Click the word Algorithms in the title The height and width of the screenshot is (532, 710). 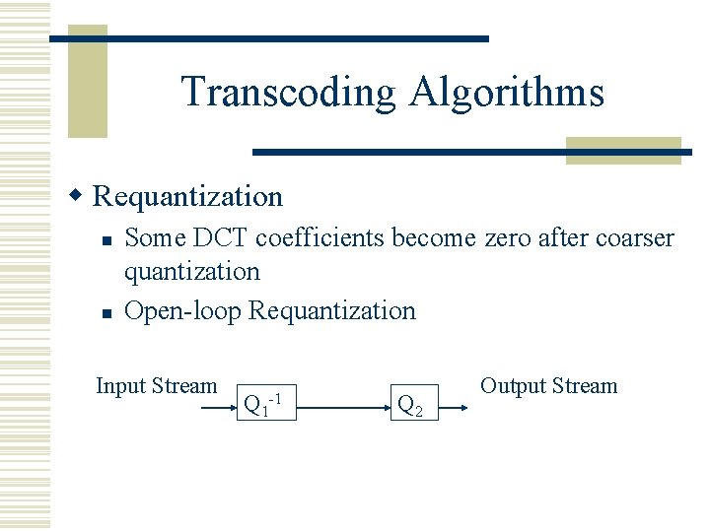(x=507, y=93)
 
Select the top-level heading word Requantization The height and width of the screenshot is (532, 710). (x=187, y=196)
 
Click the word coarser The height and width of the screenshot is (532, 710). (x=633, y=238)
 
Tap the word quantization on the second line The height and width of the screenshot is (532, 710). (x=192, y=271)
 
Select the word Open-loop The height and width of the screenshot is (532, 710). (x=183, y=311)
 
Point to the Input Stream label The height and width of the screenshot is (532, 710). (x=156, y=386)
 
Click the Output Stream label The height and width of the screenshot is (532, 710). (x=548, y=386)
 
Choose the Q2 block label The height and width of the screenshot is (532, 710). (x=410, y=405)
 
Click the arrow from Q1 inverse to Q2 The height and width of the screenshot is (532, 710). (x=340, y=403)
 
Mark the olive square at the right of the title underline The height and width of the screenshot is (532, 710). (x=623, y=150)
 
